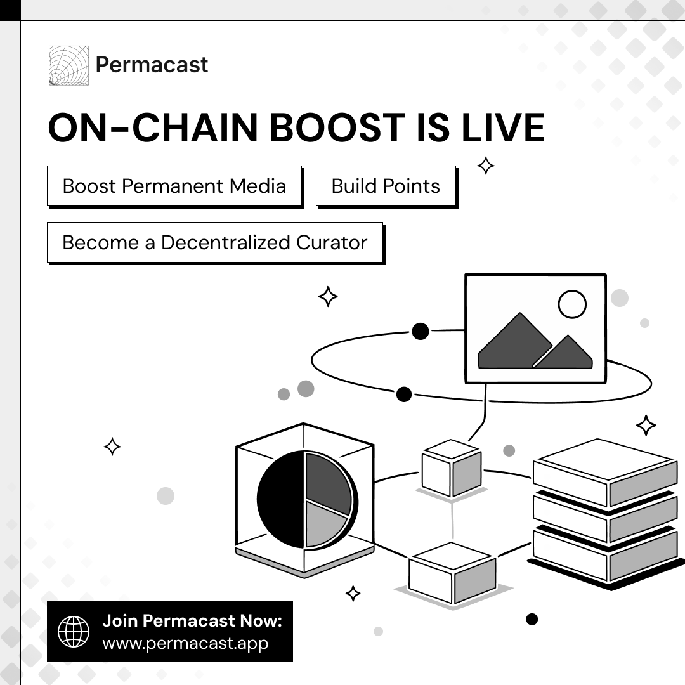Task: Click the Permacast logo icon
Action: tap(68, 65)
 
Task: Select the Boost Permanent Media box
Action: tap(174, 186)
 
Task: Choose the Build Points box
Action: tap(386, 186)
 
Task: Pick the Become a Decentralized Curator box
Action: tap(215, 242)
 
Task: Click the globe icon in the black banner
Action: tap(74, 631)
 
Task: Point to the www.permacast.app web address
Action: tap(185, 643)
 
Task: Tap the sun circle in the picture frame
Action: tap(572, 304)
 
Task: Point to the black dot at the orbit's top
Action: tap(421, 331)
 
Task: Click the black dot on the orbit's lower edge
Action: tap(404, 395)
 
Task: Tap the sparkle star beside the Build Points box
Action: tap(486, 166)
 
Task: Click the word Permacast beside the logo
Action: tap(152, 65)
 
